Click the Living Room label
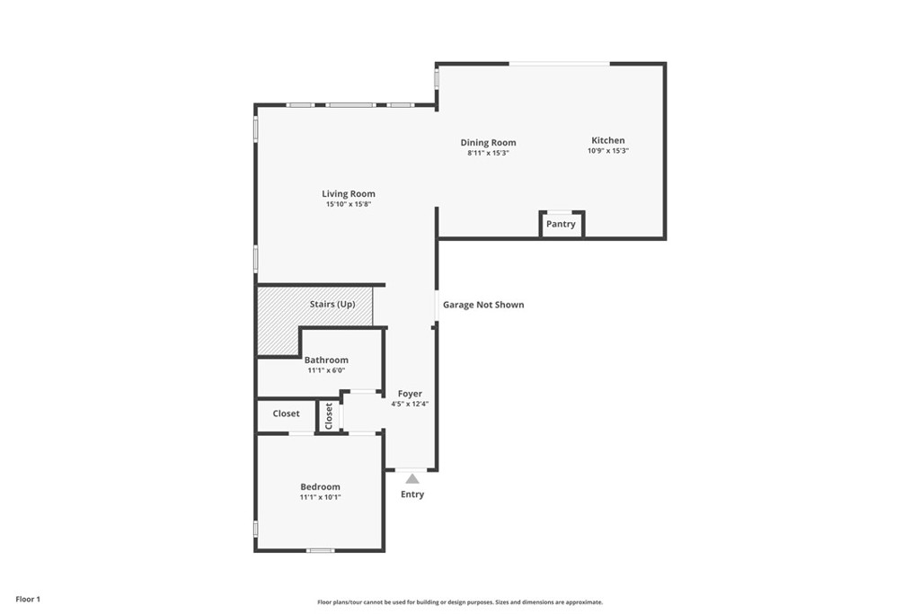349,193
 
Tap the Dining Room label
488,143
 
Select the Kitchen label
608,140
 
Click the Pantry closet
562,224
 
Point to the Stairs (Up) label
332,304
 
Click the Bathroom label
326,360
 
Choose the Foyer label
410,394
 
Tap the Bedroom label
321,486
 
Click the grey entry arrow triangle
412,479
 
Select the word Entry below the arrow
412,494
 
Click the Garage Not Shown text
483,305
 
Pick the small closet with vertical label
329,416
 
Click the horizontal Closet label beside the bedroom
287,414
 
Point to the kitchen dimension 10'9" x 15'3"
608,151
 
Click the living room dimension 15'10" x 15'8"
349,204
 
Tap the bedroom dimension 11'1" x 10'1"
321,497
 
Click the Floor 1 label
28,600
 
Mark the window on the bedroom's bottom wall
321,550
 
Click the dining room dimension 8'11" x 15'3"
488,153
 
